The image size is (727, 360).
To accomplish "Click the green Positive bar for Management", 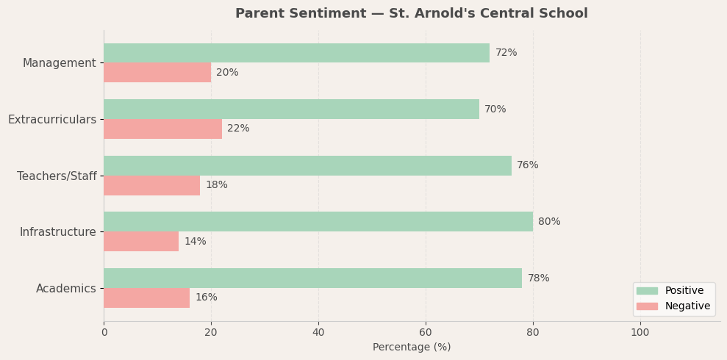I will tap(296, 53).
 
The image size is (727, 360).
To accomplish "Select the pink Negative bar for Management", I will tap(157, 73).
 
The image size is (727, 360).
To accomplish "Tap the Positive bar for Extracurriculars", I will tap(291, 109).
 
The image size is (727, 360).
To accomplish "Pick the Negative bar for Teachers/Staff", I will tap(151, 185).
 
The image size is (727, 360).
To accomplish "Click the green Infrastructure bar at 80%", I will tap(318, 222).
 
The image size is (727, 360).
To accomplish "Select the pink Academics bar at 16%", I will tap(146, 298).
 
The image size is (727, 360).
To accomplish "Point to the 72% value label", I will tap(506, 53).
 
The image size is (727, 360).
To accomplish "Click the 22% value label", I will tap(238, 129).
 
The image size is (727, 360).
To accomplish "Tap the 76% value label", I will tap(527, 165).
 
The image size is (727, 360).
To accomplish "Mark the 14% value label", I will tap(195, 242).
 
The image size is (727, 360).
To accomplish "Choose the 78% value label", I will tap(538, 278).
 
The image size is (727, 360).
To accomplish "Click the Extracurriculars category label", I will tap(52, 120).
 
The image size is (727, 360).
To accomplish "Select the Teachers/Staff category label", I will tap(57, 176).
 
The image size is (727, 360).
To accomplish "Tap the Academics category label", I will tap(66, 289).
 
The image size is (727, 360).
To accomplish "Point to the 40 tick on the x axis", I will tap(318, 332).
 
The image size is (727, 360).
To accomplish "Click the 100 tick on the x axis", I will tap(640, 332).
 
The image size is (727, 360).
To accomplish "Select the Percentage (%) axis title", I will tap(412, 348).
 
